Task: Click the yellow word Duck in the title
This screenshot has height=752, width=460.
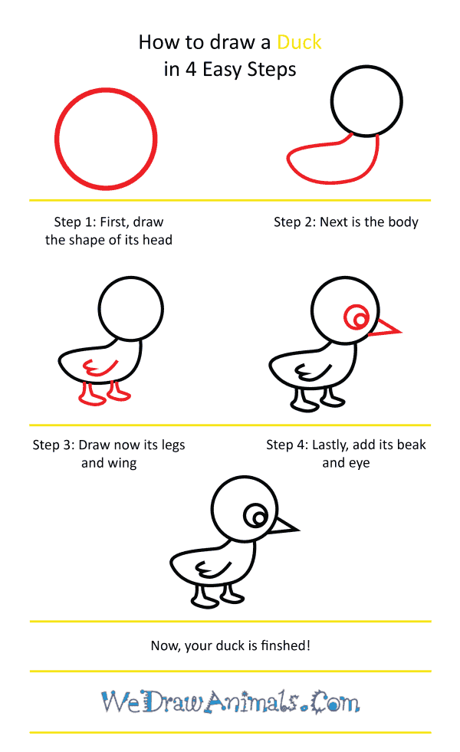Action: (x=299, y=42)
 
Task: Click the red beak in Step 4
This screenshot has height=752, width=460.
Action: (x=385, y=329)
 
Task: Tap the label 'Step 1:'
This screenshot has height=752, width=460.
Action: (x=74, y=222)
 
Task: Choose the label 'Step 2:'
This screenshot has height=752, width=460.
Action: (x=294, y=222)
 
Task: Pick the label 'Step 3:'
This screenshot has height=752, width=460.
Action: (x=53, y=445)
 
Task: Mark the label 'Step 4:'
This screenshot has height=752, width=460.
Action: (x=287, y=445)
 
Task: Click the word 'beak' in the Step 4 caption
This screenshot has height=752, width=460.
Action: (x=412, y=445)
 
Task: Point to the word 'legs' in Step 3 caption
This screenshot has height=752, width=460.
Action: (x=173, y=445)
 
